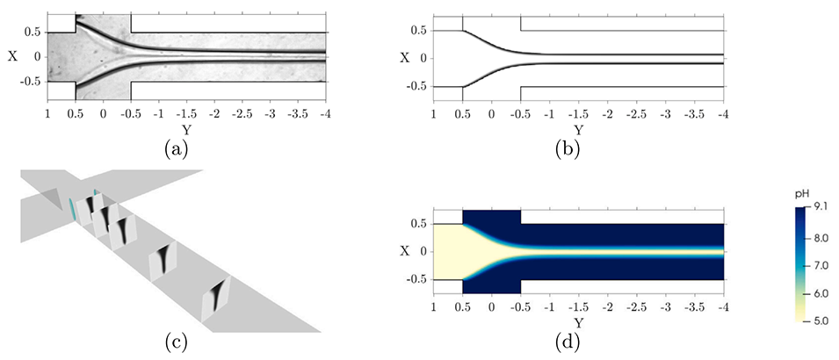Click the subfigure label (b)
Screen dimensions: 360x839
pos(577,148)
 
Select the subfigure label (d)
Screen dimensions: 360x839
pos(577,342)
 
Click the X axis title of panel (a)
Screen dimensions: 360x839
pos(12,56)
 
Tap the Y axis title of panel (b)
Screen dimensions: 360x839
pos(577,130)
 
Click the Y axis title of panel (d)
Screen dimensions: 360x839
pos(577,323)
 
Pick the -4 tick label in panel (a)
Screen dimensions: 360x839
pos(325,113)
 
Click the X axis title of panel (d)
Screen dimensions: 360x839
pos(405,251)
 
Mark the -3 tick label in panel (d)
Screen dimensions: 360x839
pos(667,308)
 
